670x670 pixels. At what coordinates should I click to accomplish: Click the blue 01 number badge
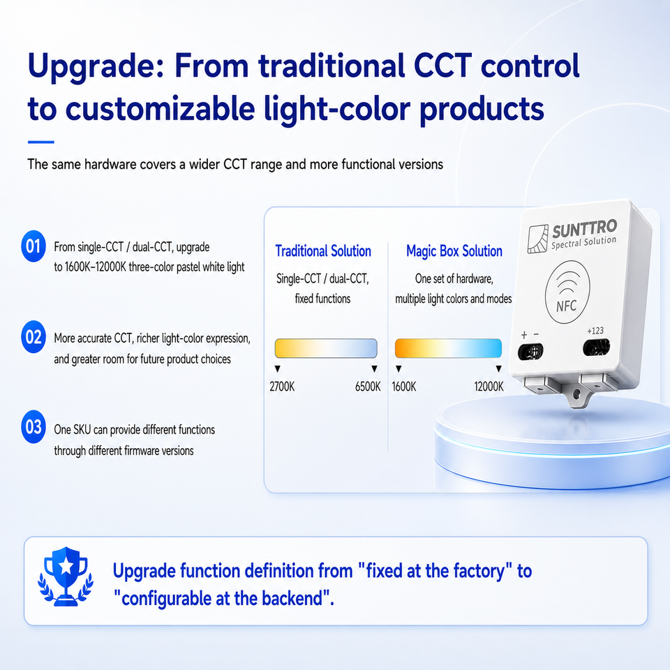pyautogui.click(x=33, y=246)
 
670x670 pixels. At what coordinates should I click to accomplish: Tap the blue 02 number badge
pyautogui.click(x=33, y=336)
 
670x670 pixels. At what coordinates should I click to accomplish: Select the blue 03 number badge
pyautogui.click(x=33, y=426)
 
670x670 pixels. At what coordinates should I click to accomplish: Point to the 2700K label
pyautogui.click(x=282, y=387)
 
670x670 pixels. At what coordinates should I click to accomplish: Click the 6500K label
pyautogui.click(x=368, y=387)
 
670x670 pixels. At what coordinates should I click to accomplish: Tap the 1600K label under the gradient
pyautogui.click(x=404, y=387)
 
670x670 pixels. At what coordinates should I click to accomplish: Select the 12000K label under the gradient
pyautogui.click(x=489, y=387)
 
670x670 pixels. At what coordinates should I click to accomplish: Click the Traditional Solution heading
pyautogui.click(x=323, y=251)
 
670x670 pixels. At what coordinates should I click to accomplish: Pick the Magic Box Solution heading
pyautogui.click(x=454, y=251)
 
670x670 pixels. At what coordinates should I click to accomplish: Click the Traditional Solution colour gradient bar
pyautogui.click(x=326, y=348)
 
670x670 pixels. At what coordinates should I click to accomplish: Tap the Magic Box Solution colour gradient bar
pyautogui.click(x=448, y=348)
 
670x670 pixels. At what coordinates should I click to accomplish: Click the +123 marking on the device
pyautogui.click(x=595, y=331)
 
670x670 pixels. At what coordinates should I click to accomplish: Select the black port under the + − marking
pyautogui.click(x=530, y=352)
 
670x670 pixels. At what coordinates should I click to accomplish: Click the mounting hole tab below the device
pyautogui.click(x=577, y=394)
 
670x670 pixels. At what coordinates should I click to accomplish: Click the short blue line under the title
pyautogui.click(x=41, y=142)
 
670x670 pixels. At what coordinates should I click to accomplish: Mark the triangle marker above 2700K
pyautogui.click(x=277, y=368)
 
